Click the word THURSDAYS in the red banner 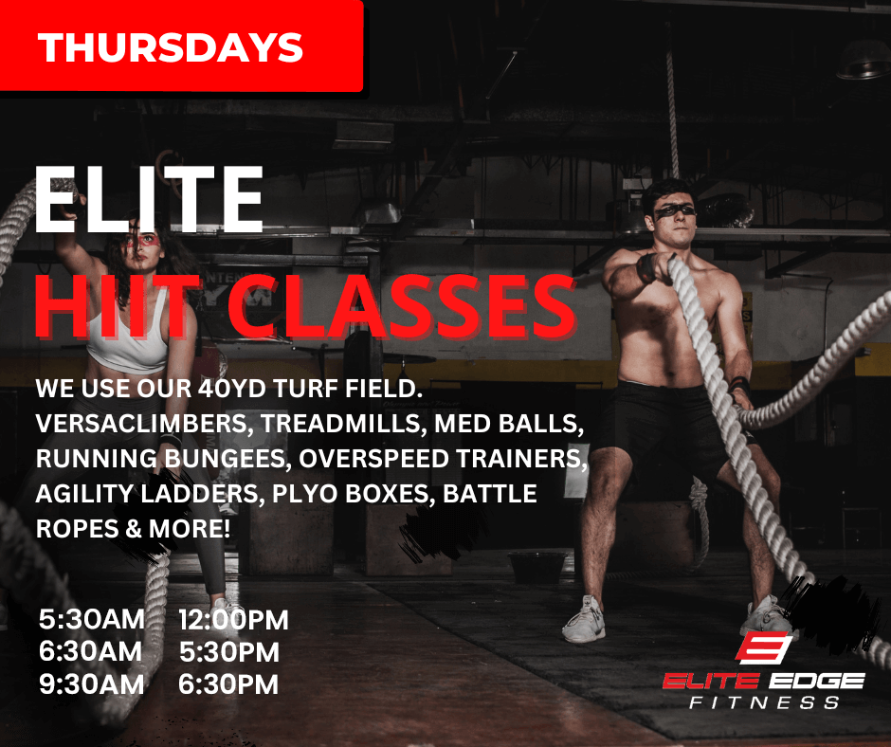171,47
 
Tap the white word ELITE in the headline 149,199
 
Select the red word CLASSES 402,307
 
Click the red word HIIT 117,307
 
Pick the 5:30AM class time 92,619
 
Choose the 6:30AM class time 90,651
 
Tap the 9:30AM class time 92,683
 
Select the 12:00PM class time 233,620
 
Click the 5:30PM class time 229,652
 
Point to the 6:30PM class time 228,683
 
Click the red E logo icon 764,647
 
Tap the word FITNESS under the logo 764,702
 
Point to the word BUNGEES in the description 227,459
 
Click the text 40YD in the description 233,389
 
